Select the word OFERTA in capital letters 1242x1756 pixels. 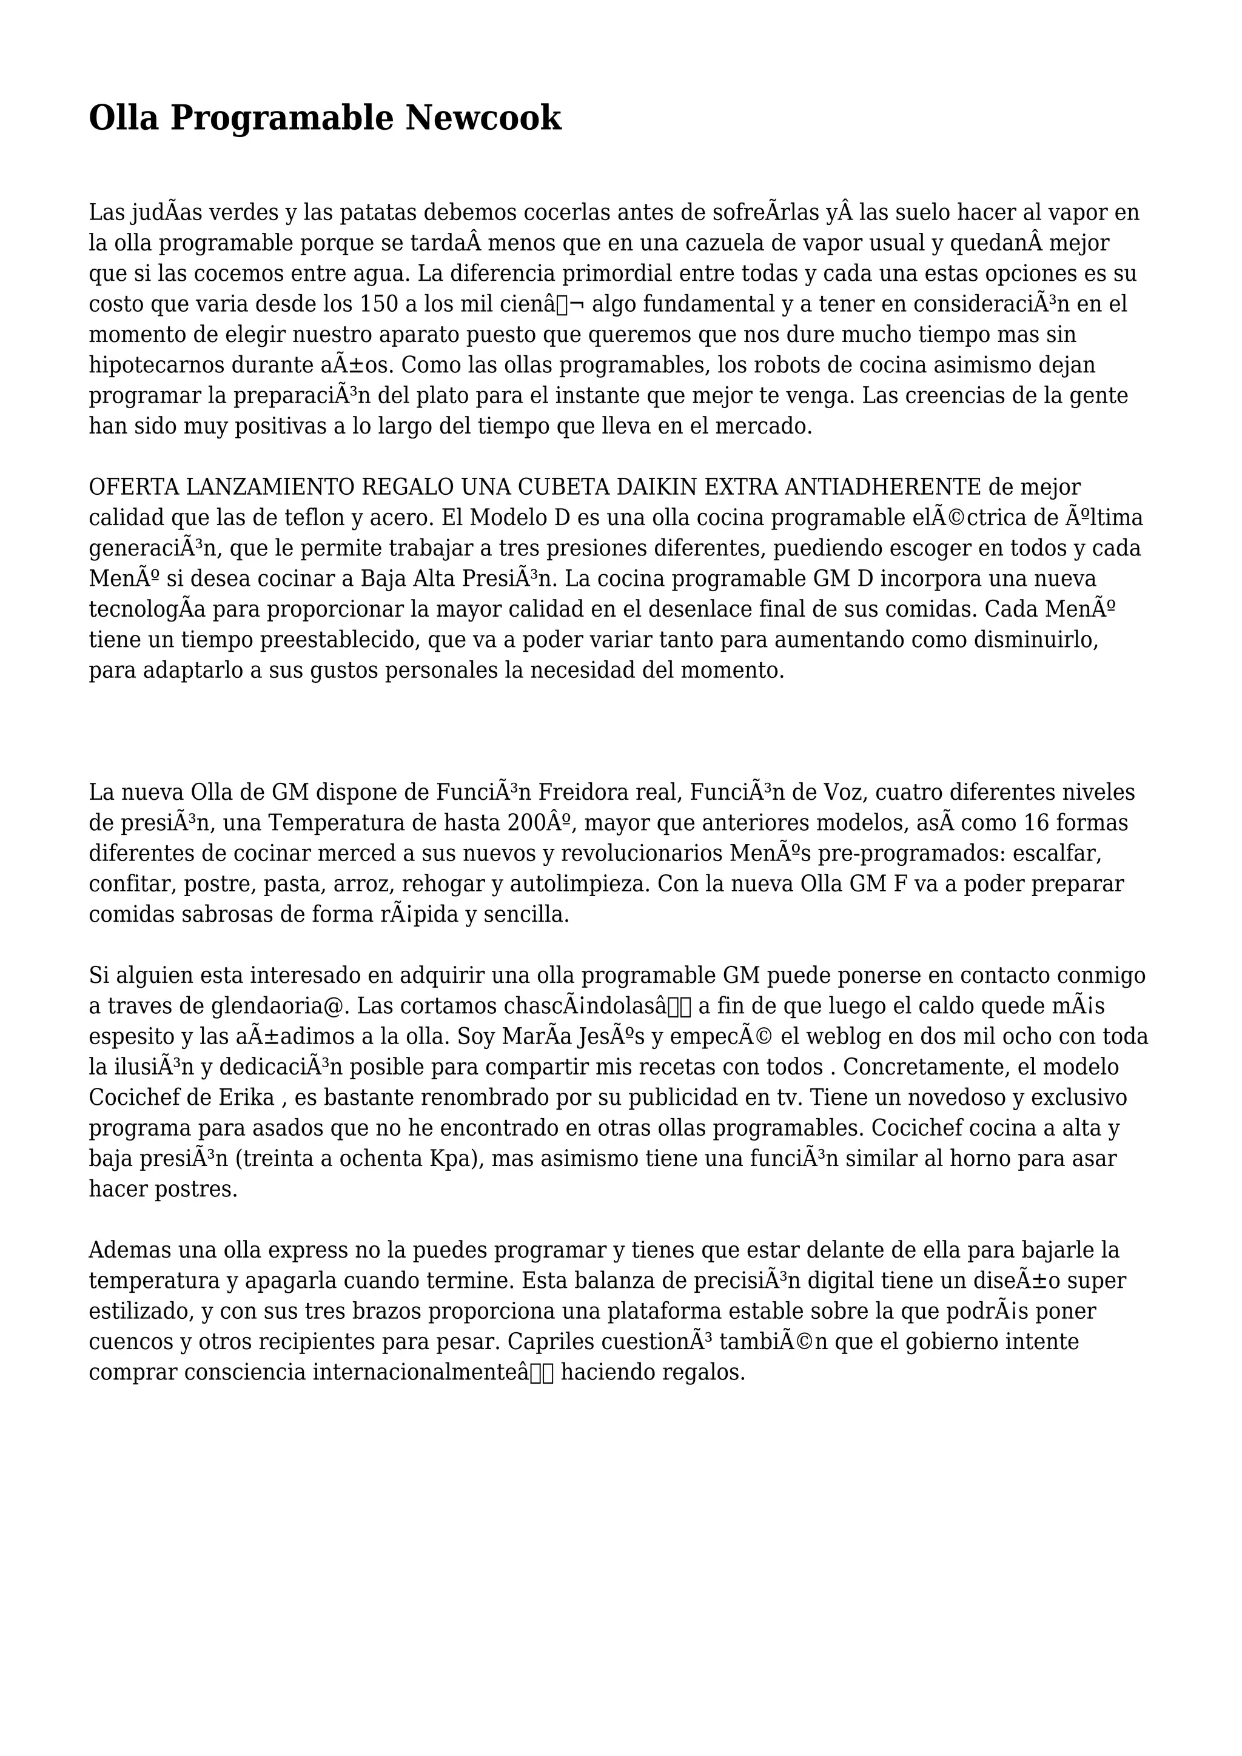[134, 487]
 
